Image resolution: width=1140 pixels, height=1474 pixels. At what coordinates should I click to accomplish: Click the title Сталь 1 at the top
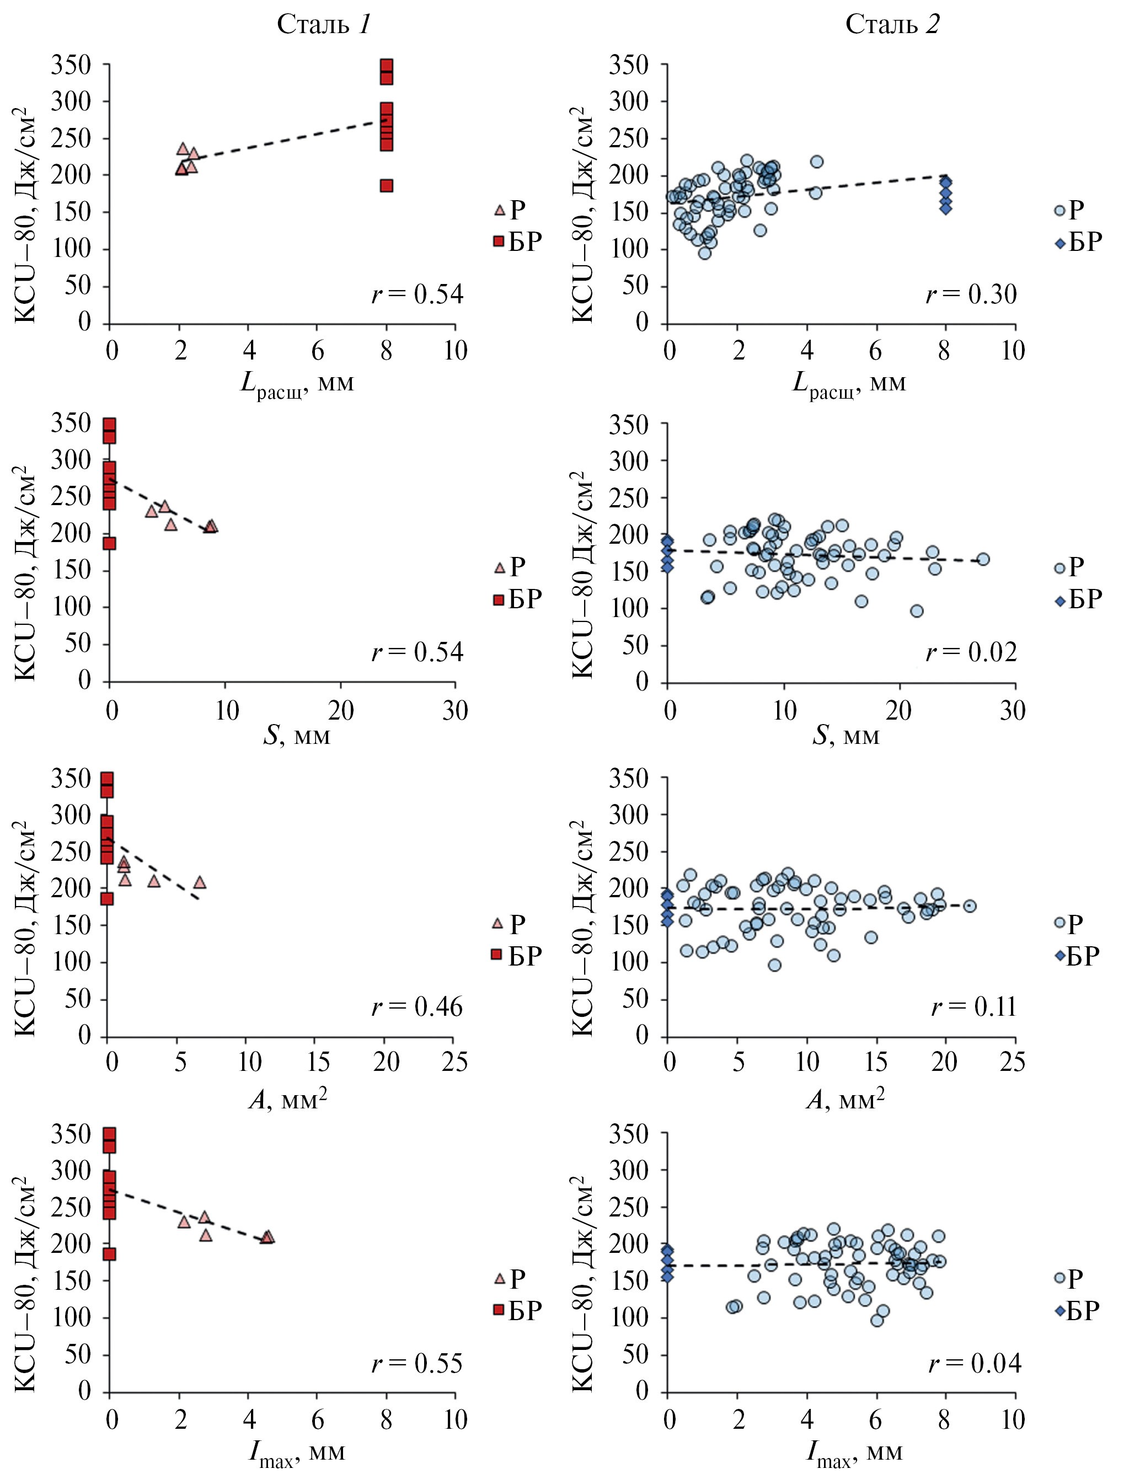pyautogui.click(x=323, y=25)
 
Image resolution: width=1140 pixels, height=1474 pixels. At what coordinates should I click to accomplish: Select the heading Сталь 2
pyautogui.click(x=892, y=25)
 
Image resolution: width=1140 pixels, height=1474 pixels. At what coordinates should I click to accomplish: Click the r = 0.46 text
pyautogui.click(x=417, y=1007)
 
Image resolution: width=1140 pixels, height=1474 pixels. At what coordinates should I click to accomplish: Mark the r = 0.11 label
pyautogui.click(x=973, y=1007)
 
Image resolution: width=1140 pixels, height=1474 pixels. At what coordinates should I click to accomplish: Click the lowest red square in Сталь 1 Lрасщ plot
pyautogui.click(x=386, y=186)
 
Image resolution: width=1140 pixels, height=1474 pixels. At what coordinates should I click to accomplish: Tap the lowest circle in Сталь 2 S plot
pyautogui.click(x=917, y=611)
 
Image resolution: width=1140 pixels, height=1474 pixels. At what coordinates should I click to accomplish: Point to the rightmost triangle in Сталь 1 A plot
pyautogui.click(x=200, y=882)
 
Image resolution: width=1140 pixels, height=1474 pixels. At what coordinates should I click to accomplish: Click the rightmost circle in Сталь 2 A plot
pyautogui.click(x=969, y=905)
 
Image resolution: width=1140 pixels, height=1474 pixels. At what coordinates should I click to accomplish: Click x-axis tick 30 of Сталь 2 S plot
pyautogui.click(x=1013, y=710)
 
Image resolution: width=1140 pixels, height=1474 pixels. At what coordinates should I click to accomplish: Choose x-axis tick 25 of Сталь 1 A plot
pyautogui.click(x=454, y=1062)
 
